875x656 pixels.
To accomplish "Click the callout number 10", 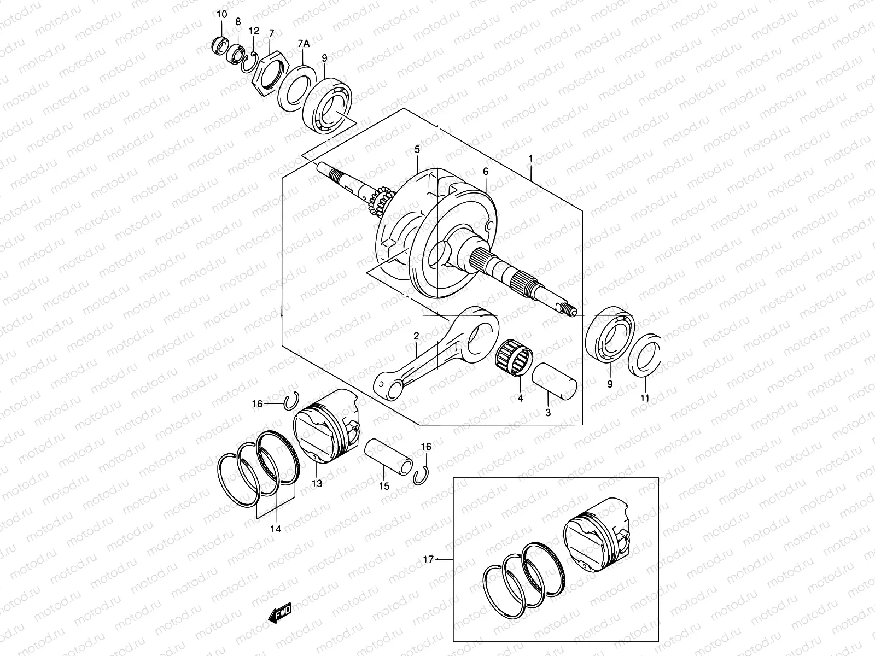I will [221, 14].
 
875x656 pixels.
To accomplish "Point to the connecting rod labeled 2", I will [432, 355].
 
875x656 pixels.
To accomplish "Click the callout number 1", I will [530, 158].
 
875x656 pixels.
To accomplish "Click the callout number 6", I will [485, 172].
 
